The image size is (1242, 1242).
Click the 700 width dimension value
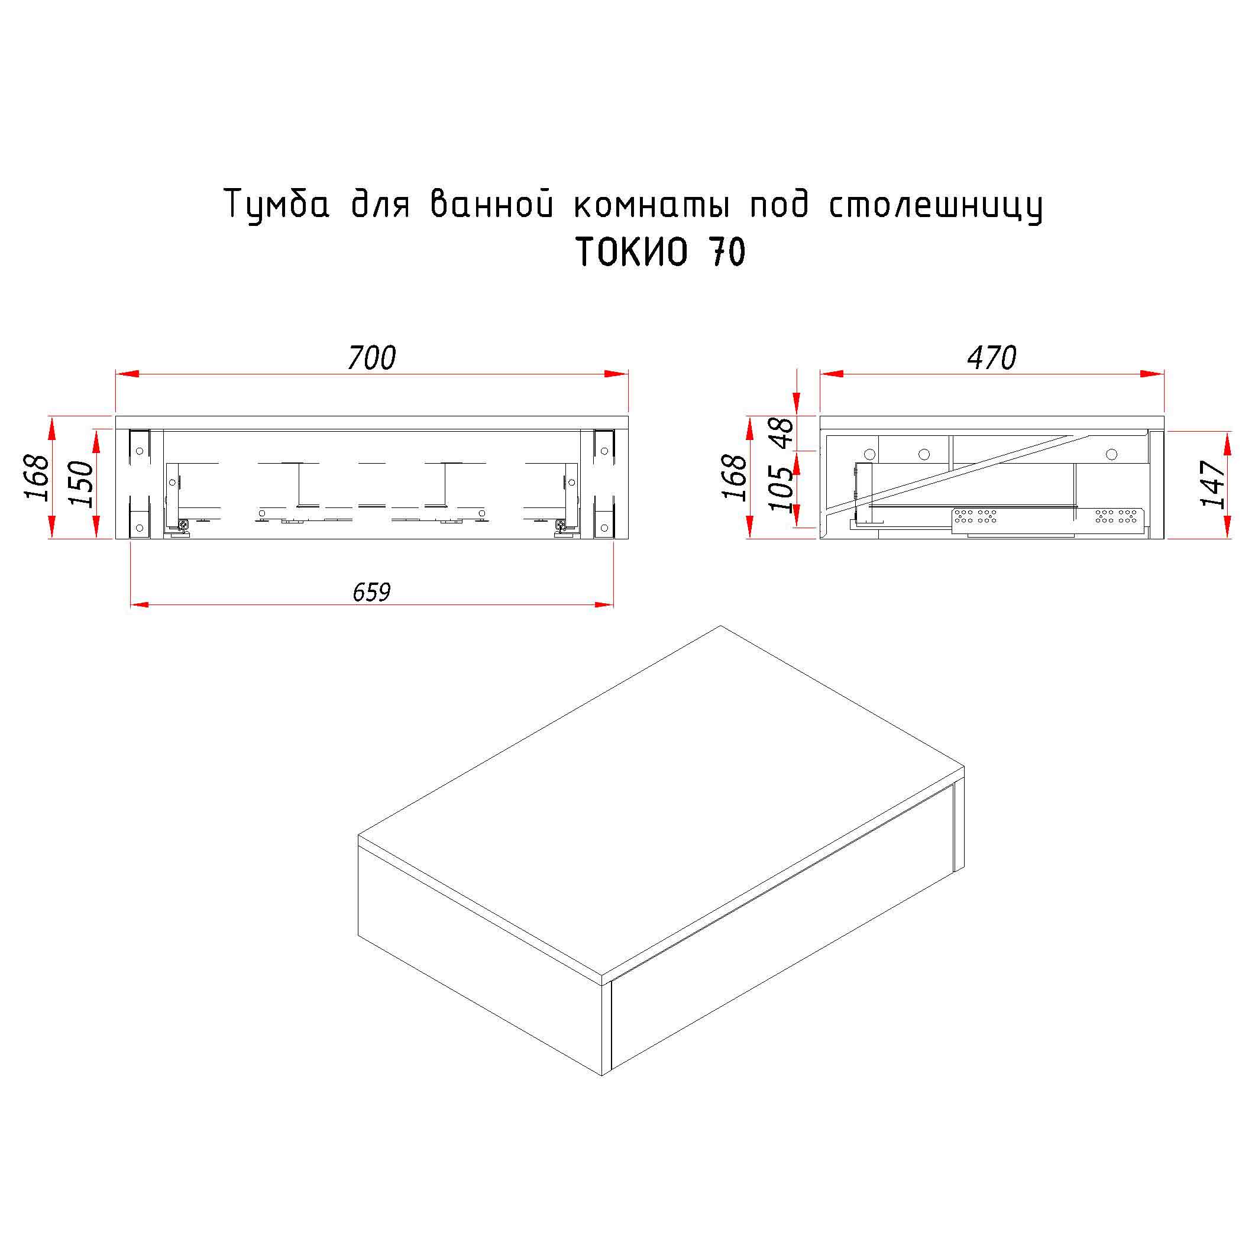[x=371, y=358]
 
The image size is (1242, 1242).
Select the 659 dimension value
[x=371, y=592]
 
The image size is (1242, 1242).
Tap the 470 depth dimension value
[x=991, y=358]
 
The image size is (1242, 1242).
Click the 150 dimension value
[x=83, y=484]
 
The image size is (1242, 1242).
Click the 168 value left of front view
[x=37, y=477]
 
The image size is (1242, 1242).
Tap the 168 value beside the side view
[x=735, y=477]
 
